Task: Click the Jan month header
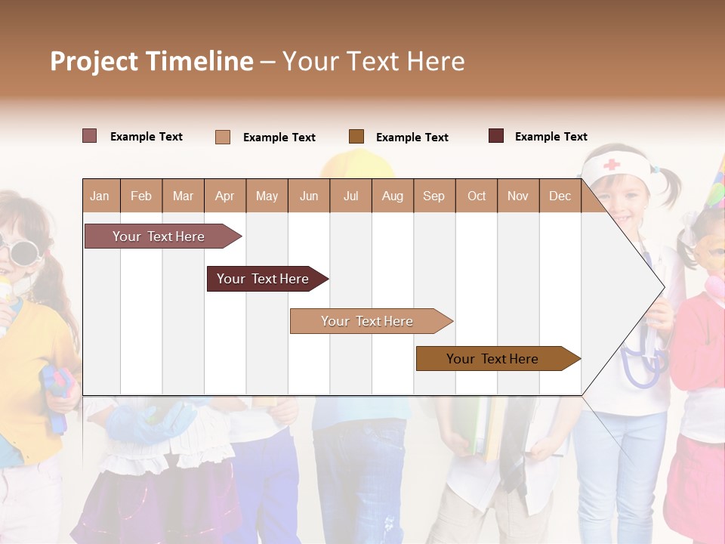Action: pos(100,196)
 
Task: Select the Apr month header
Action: pos(224,196)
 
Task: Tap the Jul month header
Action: pos(350,196)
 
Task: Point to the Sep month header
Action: pos(433,196)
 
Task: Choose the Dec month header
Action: pos(560,196)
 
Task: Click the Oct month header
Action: pos(477,196)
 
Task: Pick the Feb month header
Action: pos(141,196)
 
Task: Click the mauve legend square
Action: pos(89,136)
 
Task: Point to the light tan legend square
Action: pos(223,137)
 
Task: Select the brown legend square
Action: pos(356,136)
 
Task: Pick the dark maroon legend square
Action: pos(496,136)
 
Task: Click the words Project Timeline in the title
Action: pos(152,61)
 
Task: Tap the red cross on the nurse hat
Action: pos(611,164)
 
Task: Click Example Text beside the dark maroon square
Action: pos(551,136)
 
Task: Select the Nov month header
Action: pos(517,196)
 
